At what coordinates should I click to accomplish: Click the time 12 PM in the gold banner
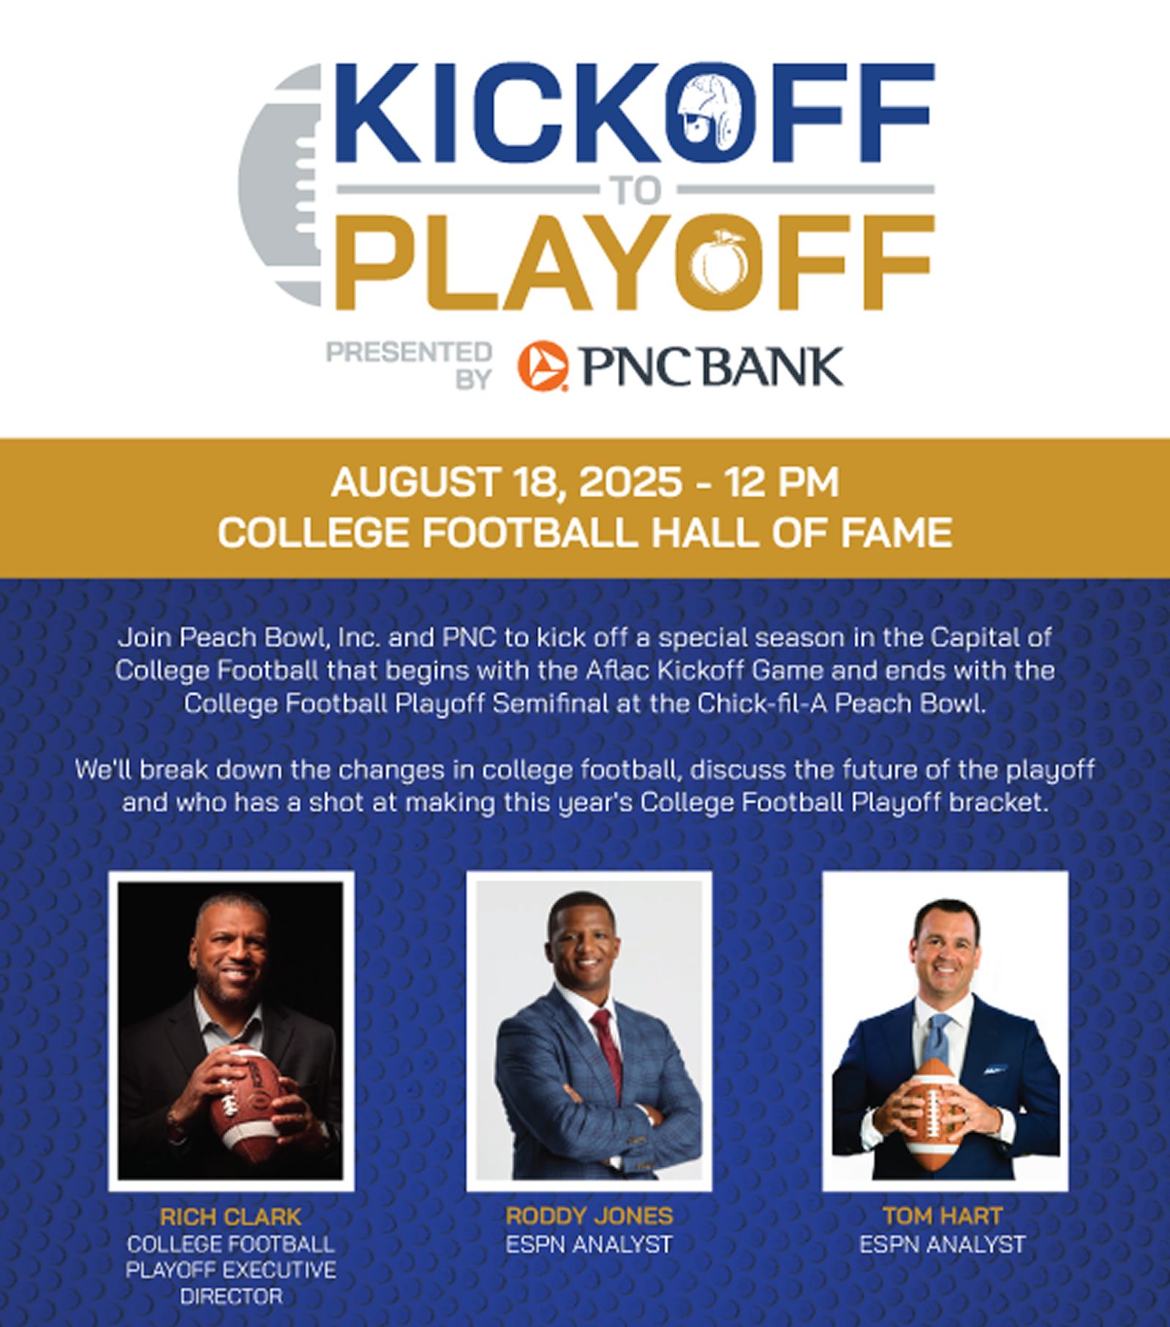(781, 483)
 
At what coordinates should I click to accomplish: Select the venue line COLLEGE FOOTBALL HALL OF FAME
(585, 532)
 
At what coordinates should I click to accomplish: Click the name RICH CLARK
(230, 1217)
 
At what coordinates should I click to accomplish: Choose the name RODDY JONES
(589, 1215)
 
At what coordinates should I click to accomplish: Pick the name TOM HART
(943, 1215)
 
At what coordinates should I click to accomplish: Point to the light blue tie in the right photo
(938, 1039)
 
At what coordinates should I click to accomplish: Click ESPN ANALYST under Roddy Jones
(589, 1244)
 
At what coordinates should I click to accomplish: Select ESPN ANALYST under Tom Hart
(943, 1244)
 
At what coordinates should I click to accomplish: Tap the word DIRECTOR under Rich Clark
(231, 1297)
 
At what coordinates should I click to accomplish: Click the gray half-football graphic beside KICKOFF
(282, 183)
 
